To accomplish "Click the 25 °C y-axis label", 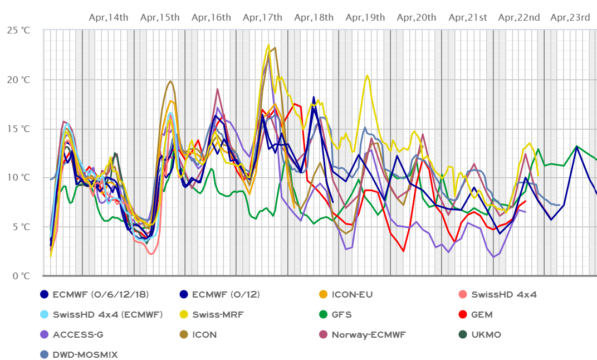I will click(x=18, y=31).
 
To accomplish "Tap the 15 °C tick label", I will click(x=18, y=129).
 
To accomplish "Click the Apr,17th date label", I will click(x=263, y=17).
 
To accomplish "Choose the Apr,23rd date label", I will click(x=570, y=17).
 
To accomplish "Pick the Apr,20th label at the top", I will click(x=416, y=17).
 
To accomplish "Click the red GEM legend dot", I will click(x=462, y=314).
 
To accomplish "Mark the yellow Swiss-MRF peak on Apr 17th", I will click(x=268, y=45).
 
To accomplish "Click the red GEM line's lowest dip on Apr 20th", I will click(x=404, y=251).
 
